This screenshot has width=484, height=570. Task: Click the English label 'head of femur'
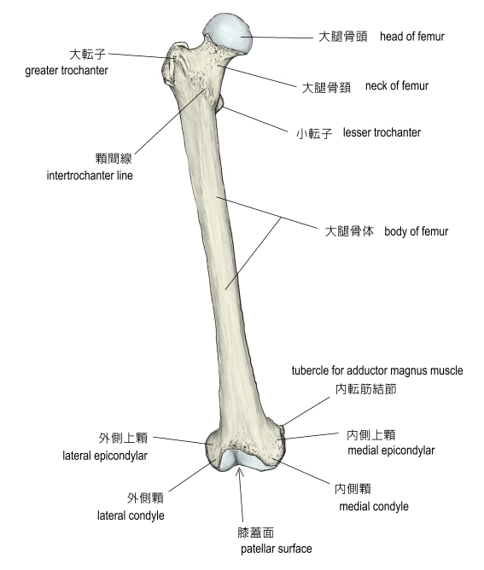coord(412,37)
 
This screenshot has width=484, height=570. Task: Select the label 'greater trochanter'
coord(67,70)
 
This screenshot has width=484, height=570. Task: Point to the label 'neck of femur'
coord(397,86)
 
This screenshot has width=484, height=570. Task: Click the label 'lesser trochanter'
coord(382,132)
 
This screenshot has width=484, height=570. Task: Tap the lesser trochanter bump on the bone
coord(219,102)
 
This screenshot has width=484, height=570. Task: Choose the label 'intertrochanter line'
coord(90,176)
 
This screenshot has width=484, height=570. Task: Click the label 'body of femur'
coord(416,231)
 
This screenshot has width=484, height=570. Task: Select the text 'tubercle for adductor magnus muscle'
coord(377,370)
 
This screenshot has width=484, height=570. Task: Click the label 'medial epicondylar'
coord(391,451)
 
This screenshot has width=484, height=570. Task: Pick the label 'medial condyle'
coord(374,506)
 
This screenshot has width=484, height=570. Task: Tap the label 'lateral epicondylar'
coord(105,456)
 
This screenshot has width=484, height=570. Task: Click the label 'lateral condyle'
coord(131,515)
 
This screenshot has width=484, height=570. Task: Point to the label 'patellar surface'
coord(277,549)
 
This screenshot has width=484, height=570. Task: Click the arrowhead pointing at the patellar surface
coord(240,472)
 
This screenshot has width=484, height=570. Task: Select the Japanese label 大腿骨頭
coord(343,37)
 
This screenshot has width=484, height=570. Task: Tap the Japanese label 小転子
coord(314,133)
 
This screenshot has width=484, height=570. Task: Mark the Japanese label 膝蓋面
coord(255,532)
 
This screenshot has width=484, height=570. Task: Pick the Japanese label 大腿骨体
coord(349,231)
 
